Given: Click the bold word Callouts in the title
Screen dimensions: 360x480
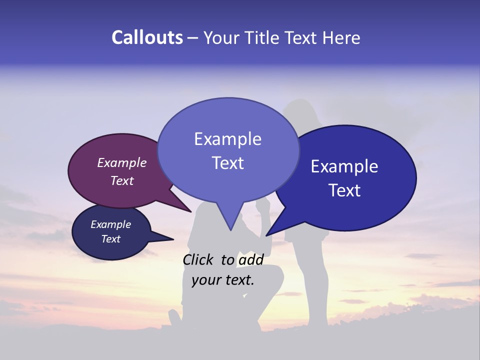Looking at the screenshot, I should pyautogui.click(x=147, y=37).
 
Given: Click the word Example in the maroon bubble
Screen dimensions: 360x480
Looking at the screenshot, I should pyautogui.click(x=121, y=162).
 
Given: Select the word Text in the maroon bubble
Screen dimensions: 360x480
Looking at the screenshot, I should pyautogui.click(x=121, y=180).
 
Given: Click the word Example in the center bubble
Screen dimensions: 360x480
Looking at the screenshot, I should pyautogui.click(x=227, y=138).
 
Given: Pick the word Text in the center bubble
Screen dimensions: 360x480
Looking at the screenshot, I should pyautogui.click(x=227, y=162).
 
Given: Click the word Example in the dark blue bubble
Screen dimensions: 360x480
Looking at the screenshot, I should pyautogui.click(x=344, y=166).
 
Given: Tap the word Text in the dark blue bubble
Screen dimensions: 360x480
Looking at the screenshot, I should pyautogui.click(x=344, y=190).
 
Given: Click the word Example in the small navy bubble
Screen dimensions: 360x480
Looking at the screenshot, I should pyautogui.click(x=110, y=224).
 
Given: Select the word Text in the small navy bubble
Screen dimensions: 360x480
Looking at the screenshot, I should pyautogui.click(x=110, y=238).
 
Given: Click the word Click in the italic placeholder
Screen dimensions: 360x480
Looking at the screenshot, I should pyautogui.click(x=198, y=259).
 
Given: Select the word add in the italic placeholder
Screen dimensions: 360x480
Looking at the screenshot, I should pyautogui.click(x=250, y=259).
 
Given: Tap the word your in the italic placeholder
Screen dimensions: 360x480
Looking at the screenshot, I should pyautogui.click(x=205, y=279).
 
